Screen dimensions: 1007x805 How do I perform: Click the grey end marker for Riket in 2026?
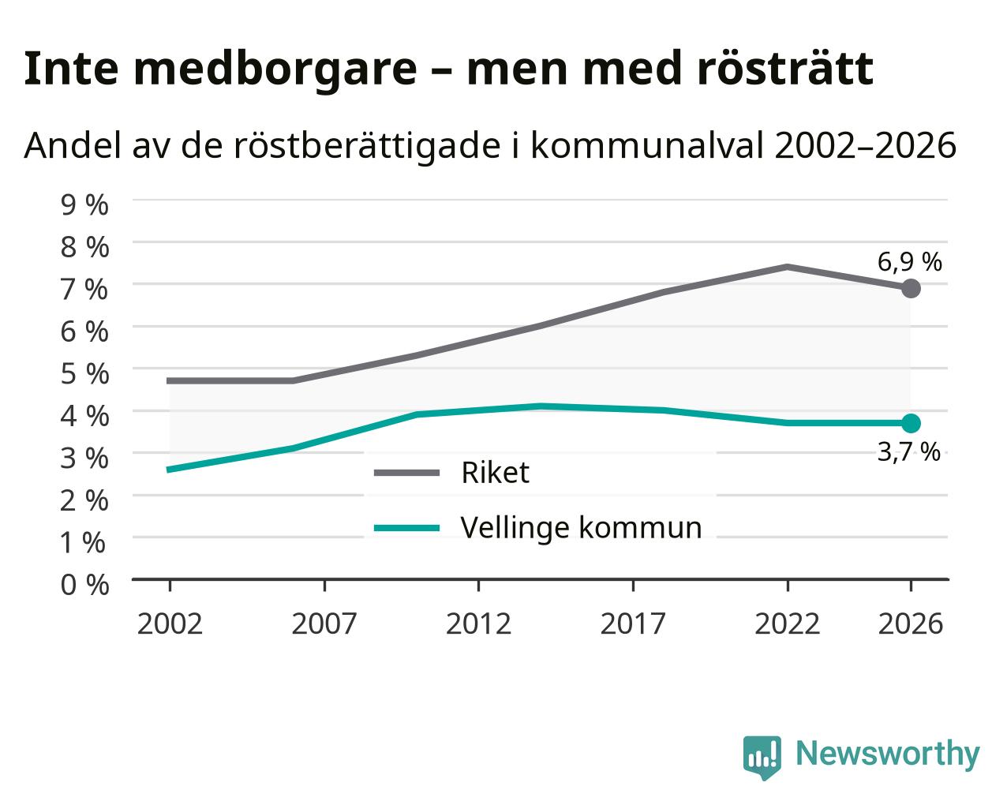(911, 288)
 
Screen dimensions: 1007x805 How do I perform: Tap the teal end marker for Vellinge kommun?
(911, 423)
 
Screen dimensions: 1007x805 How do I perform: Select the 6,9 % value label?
(909, 262)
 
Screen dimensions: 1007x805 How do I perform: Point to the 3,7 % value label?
(908, 452)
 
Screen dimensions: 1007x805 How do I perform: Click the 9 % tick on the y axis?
(84, 205)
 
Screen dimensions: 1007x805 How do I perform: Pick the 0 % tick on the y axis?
(84, 585)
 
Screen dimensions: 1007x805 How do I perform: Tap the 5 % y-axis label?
(84, 374)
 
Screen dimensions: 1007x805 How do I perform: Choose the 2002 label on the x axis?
(170, 623)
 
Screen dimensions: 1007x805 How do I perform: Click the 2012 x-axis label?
(478, 623)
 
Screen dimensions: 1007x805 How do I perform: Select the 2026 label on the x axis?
(911, 623)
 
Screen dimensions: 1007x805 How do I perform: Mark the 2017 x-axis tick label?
(633, 623)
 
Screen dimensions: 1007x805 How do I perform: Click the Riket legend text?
(495, 472)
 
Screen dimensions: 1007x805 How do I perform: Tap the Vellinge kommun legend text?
(581, 528)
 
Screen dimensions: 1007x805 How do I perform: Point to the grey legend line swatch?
(406, 473)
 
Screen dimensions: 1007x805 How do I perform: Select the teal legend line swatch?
(406, 528)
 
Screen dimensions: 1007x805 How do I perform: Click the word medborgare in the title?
(275, 69)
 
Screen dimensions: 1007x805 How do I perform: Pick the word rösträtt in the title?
(784, 69)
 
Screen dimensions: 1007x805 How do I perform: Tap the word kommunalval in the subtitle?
(648, 145)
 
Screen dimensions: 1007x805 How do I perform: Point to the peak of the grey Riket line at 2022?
(788, 267)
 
